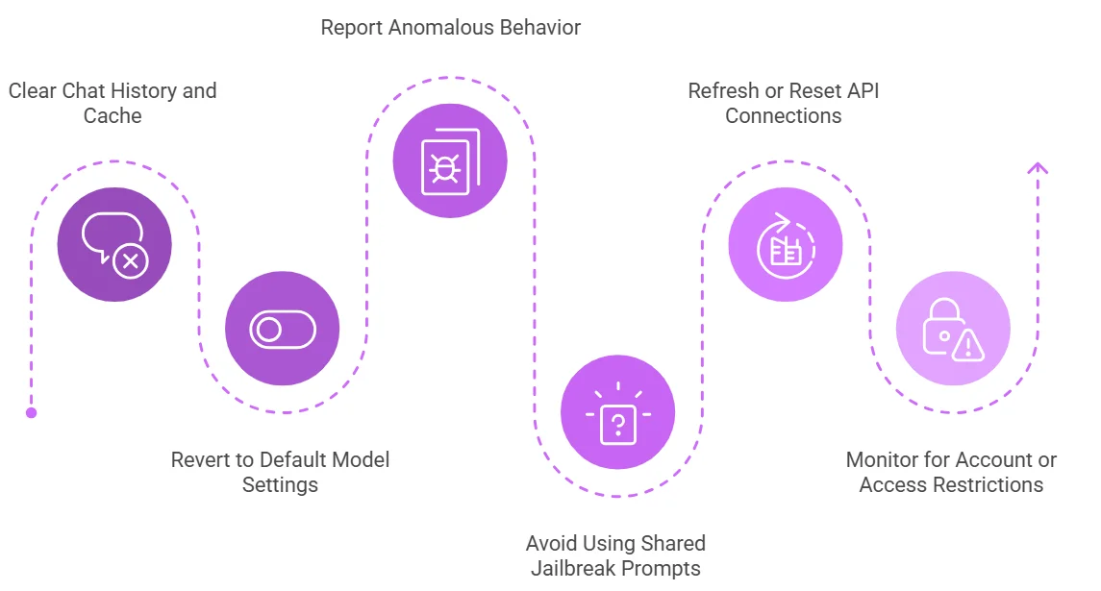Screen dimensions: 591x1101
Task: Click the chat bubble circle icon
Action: (114, 244)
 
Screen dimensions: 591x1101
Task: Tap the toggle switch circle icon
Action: (282, 329)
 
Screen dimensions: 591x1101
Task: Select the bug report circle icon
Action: (450, 160)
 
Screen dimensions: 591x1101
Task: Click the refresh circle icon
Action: (786, 244)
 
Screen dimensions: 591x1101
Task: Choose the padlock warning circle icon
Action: (953, 329)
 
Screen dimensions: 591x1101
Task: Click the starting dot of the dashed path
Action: (31, 412)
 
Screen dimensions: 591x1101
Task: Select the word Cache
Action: (113, 116)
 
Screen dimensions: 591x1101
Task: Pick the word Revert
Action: (202, 459)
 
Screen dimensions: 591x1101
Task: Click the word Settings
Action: (280, 484)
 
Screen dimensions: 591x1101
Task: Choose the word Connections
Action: (783, 116)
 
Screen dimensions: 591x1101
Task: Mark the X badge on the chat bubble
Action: (130, 260)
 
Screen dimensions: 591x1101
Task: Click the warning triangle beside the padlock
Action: (967, 344)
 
